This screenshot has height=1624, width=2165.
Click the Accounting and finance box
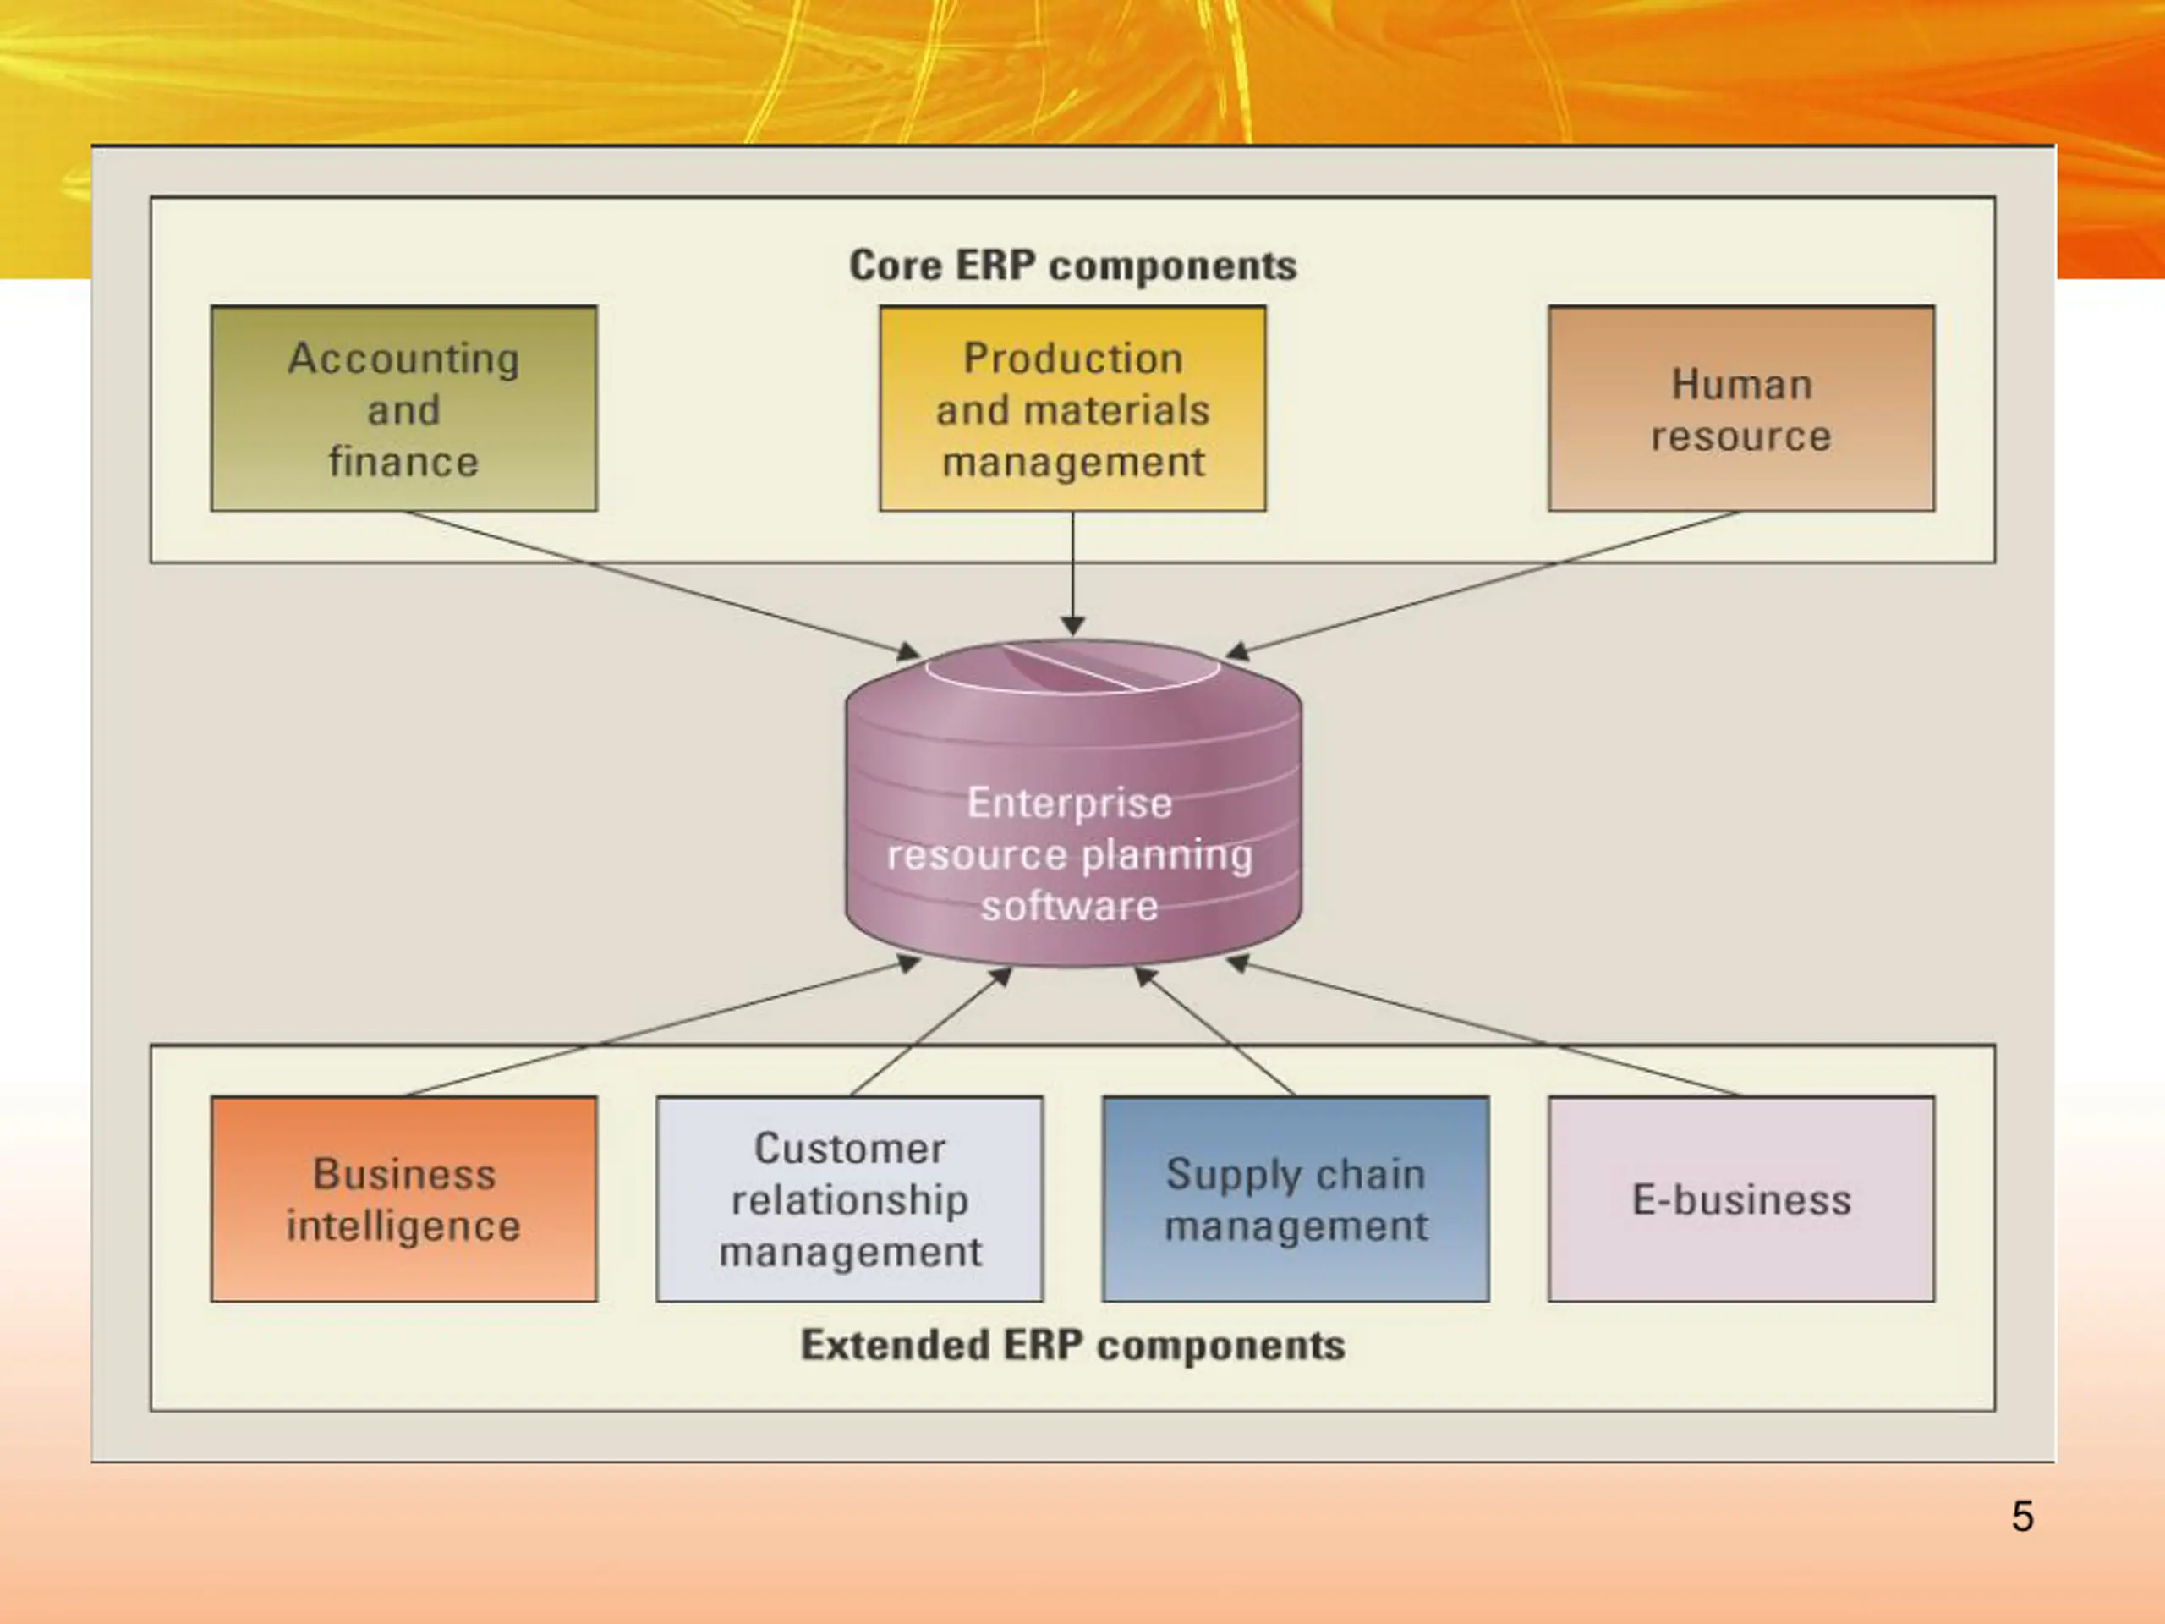point(403,409)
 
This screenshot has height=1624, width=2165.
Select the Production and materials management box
point(1072,409)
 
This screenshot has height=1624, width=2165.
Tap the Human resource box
point(1741,409)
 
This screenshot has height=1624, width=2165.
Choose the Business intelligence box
point(403,1199)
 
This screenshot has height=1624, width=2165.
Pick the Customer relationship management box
point(850,1199)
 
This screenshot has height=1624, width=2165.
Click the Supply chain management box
point(1296,1199)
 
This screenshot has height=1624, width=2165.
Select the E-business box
point(1741,1199)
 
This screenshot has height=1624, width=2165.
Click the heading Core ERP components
point(1072,266)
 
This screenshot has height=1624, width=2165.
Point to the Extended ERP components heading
point(1072,1345)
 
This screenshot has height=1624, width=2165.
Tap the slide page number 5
point(2022,1517)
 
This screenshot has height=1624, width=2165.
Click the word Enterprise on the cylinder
point(1070,803)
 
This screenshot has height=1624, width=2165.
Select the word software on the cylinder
point(1070,906)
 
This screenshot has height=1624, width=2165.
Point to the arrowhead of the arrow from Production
point(1072,627)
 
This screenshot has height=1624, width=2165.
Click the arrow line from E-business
point(1483,1027)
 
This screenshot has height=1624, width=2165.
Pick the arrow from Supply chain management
point(1214,1031)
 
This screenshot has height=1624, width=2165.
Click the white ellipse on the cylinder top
point(1072,692)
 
